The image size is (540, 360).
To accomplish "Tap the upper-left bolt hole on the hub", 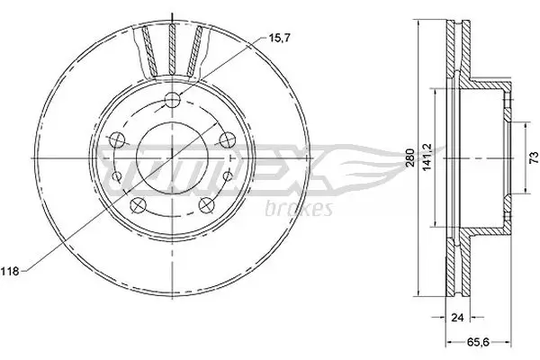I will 115,139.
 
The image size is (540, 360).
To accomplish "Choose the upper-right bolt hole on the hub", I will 228,139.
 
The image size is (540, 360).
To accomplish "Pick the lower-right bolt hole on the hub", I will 205,203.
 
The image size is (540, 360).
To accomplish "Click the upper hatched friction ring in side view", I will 460,54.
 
